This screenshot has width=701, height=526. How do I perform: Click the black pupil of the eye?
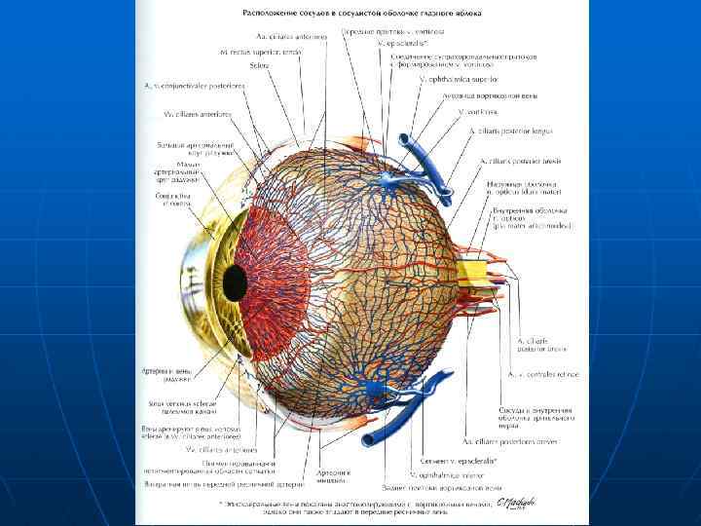click(235, 282)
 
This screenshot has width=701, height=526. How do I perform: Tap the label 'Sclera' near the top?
click(261, 64)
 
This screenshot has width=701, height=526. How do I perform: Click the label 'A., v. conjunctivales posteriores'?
click(195, 85)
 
